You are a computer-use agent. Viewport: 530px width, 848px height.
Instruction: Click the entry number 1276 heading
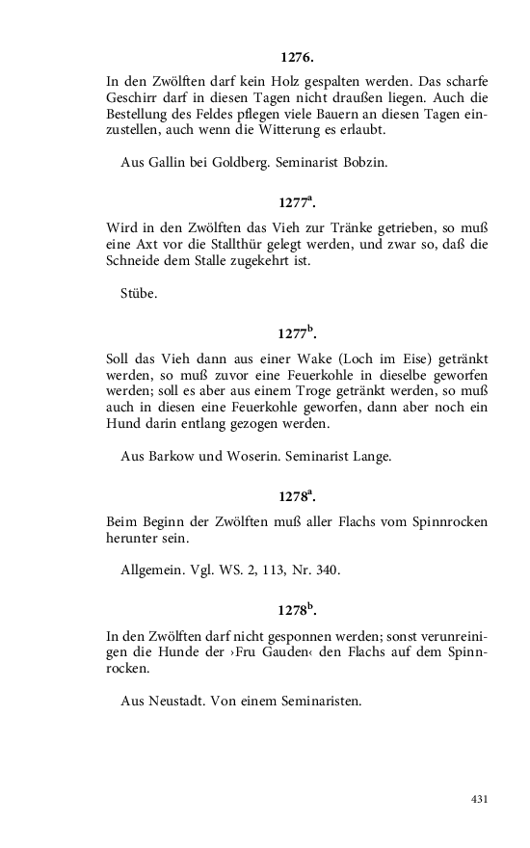point(297,59)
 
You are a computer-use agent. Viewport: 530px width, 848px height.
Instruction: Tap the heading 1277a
point(297,203)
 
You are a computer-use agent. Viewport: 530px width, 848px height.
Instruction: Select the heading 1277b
point(297,332)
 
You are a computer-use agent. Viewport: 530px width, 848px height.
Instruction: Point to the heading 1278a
point(297,496)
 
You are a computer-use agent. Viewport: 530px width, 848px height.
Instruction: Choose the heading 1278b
point(297,610)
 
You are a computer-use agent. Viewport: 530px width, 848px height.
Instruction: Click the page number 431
point(479,799)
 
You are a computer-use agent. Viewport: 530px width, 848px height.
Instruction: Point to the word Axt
point(154,245)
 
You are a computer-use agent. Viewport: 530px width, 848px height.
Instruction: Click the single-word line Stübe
point(139,293)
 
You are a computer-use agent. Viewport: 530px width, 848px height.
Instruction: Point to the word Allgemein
point(154,570)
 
